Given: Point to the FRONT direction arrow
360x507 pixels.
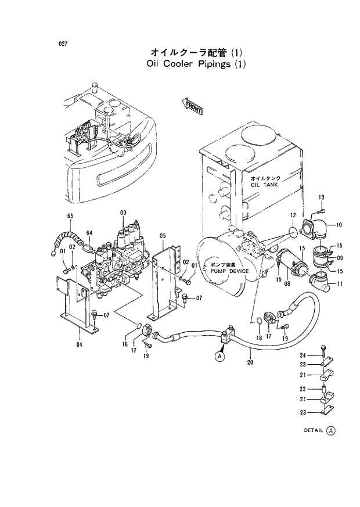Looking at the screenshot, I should [192, 106].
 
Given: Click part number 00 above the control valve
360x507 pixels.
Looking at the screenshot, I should [123, 213].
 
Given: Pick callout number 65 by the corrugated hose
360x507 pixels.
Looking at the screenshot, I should [70, 216].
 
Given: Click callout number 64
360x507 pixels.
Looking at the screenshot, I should [89, 233].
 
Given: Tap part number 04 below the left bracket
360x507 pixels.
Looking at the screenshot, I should [79, 344].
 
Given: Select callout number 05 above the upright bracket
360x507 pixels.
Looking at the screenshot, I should [163, 235].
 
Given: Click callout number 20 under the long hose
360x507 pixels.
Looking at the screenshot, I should [250, 363].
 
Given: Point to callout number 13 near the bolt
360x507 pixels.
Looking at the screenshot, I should [321, 197].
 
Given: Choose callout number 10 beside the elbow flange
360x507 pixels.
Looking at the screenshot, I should [339, 225].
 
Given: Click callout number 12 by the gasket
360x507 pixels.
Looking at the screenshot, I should [293, 216].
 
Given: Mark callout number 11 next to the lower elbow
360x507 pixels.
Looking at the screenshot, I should [340, 284].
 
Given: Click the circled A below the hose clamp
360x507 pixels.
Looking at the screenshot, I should [219, 357].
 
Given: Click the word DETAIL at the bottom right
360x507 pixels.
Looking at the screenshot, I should [314, 430].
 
